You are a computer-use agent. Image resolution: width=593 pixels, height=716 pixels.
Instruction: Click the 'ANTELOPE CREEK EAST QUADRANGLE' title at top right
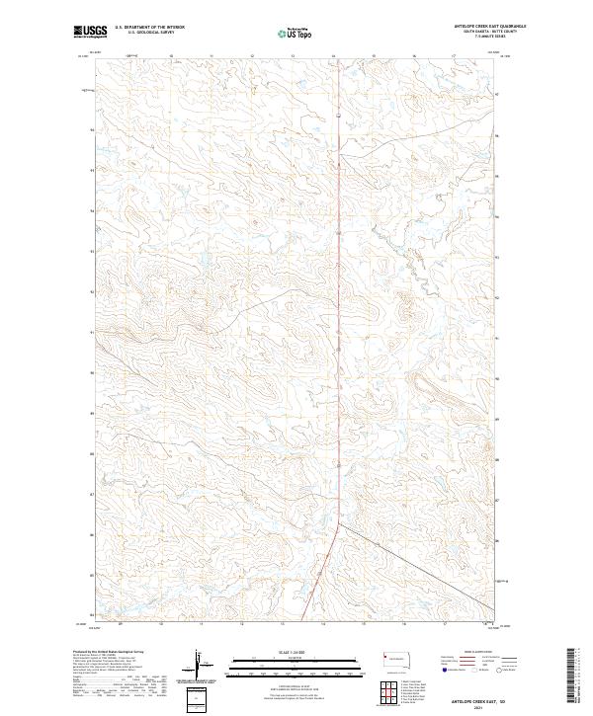(480, 27)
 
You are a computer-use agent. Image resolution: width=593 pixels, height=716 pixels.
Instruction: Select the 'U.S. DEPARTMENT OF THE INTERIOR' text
(149, 28)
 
